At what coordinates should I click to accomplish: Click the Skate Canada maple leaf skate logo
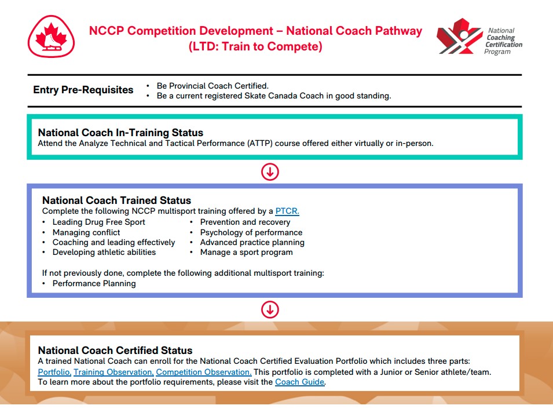point(51,36)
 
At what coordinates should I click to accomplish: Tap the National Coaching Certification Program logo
point(479,36)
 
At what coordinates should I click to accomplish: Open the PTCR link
point(287,211)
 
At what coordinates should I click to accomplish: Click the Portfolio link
point(54,372)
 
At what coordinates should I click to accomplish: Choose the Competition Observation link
point(204,372)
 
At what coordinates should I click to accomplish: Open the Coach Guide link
point(300,382)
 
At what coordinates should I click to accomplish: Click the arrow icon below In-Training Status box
point(270,172)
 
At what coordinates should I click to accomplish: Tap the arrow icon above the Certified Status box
point(270,309)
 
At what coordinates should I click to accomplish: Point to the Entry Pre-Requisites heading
point(83,90)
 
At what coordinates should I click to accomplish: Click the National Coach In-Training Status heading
point(120,132)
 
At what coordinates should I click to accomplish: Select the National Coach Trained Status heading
point(117,200)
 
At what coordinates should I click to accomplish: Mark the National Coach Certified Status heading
point(115,350)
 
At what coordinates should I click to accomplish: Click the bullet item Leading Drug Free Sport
point(99,222)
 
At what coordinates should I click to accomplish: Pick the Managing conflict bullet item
point(86,232)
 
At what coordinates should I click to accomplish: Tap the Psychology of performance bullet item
point(251,232)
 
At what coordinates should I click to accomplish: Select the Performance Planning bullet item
point(94,283)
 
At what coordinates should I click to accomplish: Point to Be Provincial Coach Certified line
point(213,86)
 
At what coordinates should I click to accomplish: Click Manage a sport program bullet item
point(247,253)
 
